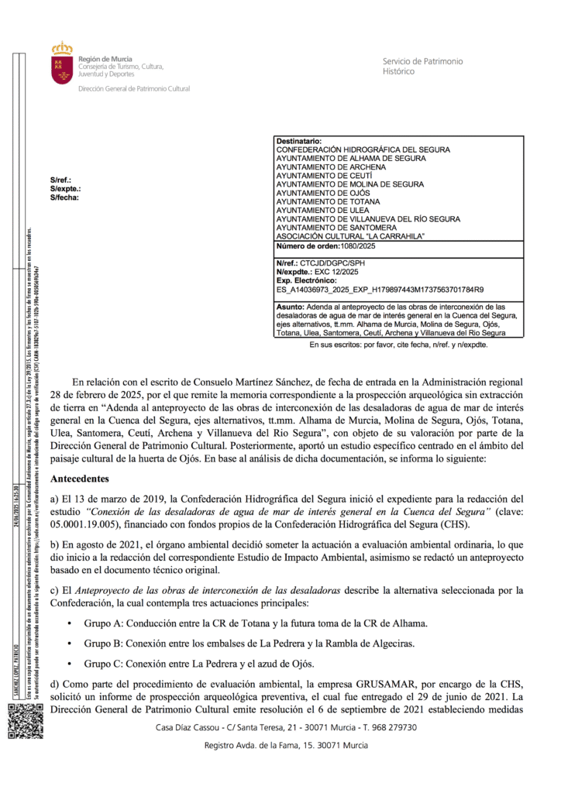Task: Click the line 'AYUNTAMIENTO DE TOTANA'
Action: point(325,201)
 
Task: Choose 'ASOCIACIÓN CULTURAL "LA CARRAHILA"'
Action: point(351,235)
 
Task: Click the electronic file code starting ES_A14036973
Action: point(380,290)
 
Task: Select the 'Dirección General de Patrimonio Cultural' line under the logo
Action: point(133,89)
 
